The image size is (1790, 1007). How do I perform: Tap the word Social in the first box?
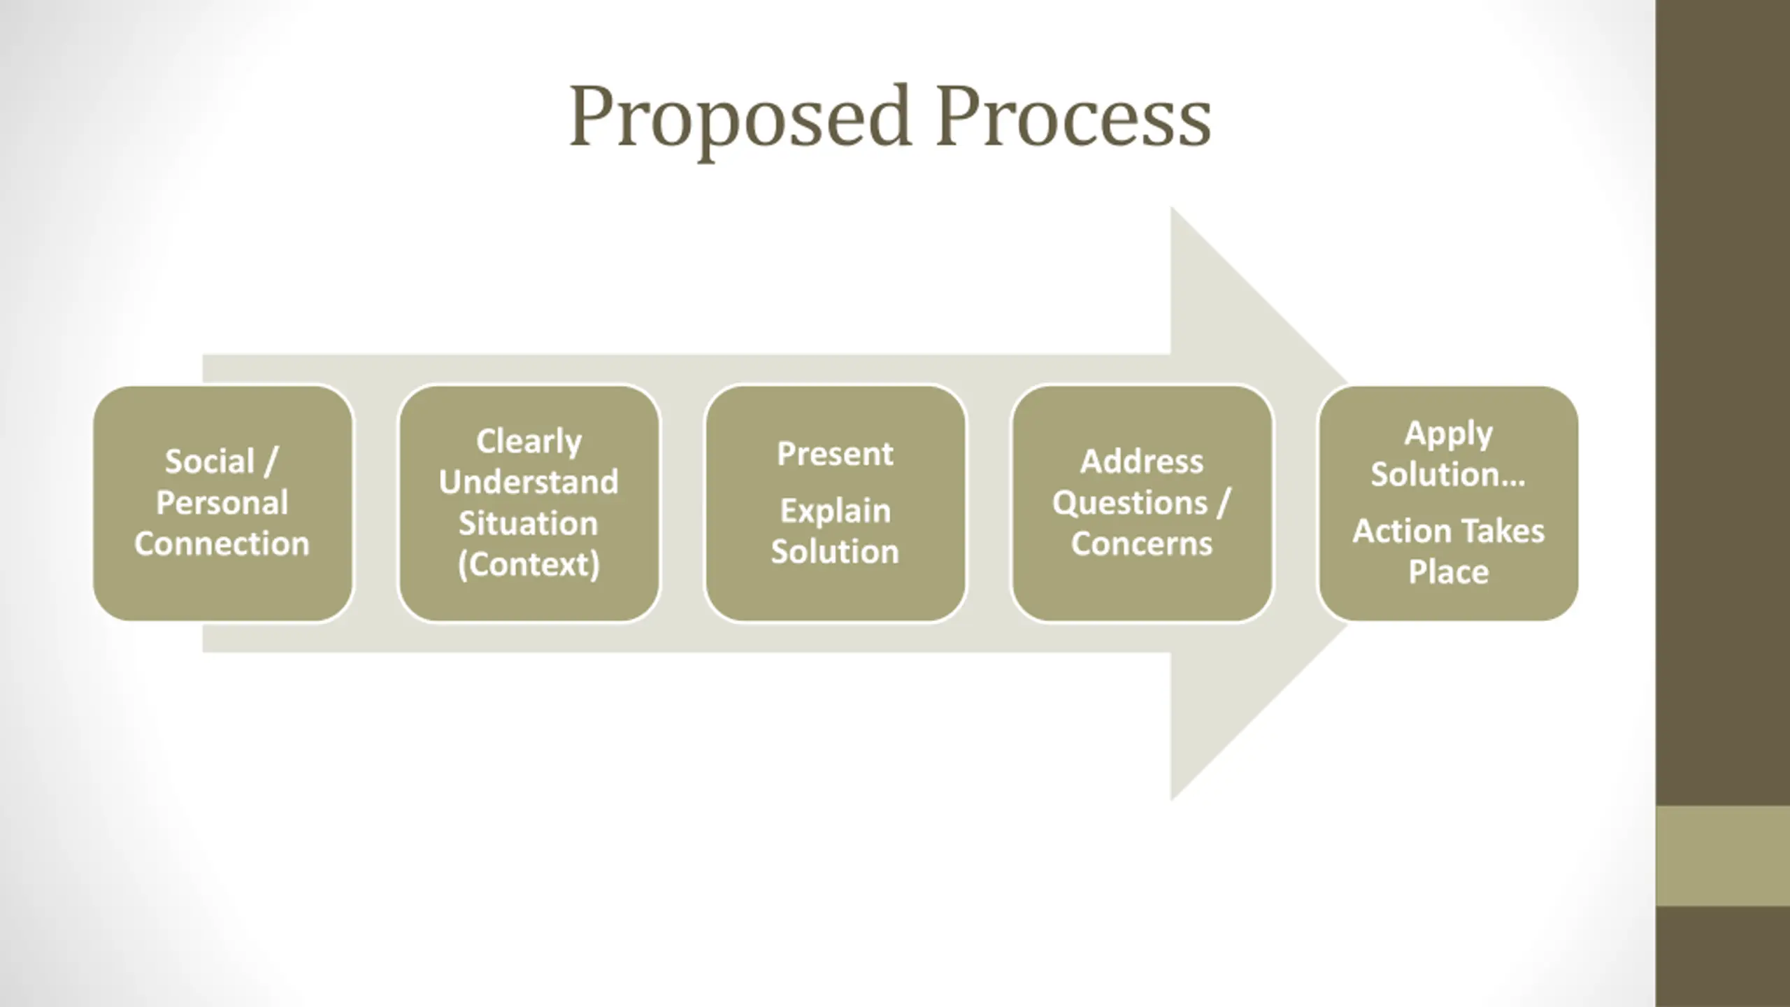(209, 462)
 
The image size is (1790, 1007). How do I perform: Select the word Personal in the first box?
(222, 503)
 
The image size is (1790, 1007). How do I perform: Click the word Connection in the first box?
(222, 544)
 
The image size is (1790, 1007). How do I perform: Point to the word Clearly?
(529, 441)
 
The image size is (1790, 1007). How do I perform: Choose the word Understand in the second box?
(529, 483)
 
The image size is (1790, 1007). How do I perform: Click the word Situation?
(529, 524)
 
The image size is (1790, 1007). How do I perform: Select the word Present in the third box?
(835, 455)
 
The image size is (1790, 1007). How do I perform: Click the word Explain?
(835, 511)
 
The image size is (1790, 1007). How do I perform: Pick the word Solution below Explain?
(835, 552)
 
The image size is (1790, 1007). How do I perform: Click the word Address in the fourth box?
(1142, 462)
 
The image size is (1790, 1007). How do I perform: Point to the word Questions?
(1130, 503)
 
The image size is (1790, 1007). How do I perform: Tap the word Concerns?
(1142, 544)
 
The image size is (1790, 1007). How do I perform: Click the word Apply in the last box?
(1448, 434)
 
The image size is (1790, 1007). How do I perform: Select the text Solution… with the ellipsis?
(1448, 475)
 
